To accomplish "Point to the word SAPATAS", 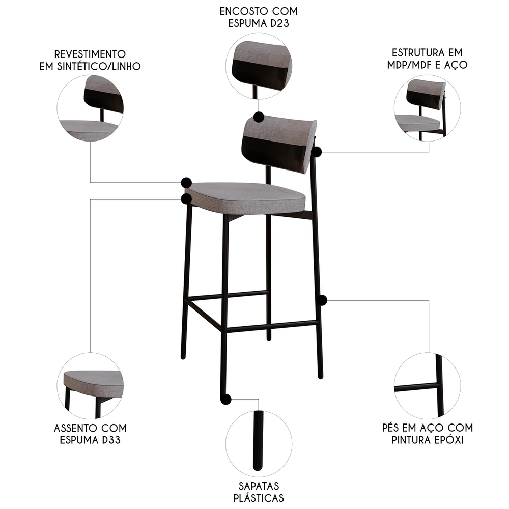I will pos(259,486).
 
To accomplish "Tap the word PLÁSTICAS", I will pos(259,498).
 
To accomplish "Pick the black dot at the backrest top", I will pos(258,117).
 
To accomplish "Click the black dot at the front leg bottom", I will pos(225,400).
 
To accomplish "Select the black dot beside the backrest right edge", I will pos(317,152).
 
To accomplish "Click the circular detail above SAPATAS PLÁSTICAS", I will pos(259,441).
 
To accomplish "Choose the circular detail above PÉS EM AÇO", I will pos(427,385).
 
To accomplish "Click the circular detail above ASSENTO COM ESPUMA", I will pos(90,385).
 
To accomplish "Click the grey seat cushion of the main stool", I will pos(244,196).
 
